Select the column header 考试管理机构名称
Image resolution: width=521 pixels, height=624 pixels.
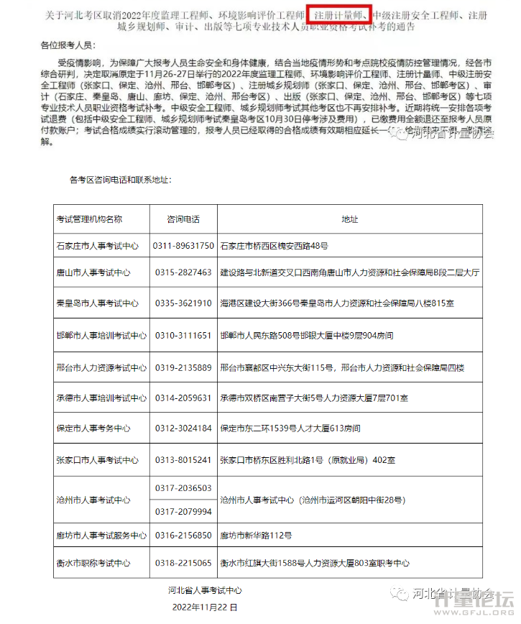89,219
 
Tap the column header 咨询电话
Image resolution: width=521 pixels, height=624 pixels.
183,219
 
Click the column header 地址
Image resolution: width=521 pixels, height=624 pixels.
349,219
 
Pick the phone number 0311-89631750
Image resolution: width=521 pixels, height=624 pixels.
183,246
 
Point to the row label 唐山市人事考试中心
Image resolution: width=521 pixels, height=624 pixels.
93,273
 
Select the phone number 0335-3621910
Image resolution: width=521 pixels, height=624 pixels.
183,303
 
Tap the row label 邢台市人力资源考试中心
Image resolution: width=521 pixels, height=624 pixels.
101,368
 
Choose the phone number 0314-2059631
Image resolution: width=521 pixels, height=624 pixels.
183,398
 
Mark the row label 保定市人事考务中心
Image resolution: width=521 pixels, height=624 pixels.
93,428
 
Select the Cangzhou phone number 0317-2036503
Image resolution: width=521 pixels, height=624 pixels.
183,488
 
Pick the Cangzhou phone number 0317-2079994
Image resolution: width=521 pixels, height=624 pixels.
183,511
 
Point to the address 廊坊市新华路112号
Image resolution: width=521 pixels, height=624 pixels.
256,536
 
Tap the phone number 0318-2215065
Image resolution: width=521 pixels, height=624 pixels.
183,563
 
